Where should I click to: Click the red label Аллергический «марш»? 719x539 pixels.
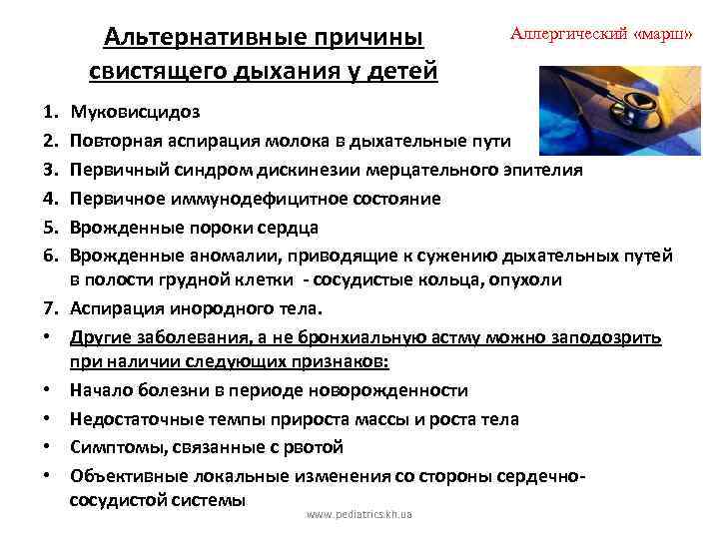click(601, 33)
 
